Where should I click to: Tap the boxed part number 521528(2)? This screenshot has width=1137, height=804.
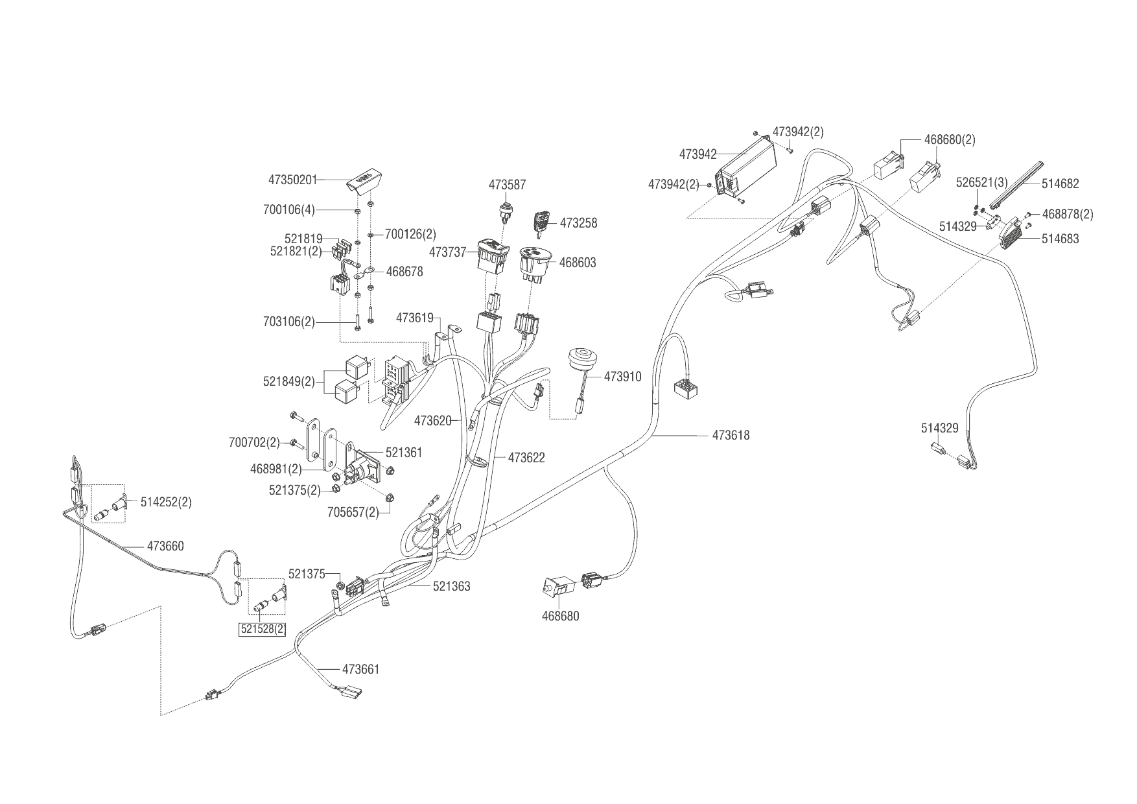[x=263, y=629]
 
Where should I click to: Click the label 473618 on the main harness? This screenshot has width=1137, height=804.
[x=731, y=435]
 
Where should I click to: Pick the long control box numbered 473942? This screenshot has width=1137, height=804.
[x=746, y=170]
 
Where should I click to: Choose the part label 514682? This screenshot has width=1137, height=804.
[x=1061, y=183]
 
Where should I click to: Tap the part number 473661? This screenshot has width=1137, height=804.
[x=360, y=669]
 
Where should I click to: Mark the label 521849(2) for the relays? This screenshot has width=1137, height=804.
[x=288, y=381]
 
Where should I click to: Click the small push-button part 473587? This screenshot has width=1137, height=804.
[x=506, y=211]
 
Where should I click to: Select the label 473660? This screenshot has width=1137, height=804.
[x=165, y=546]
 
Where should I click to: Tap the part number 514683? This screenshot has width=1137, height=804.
[x=1061, y=239]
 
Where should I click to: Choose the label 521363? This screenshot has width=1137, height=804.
[x=452, y=586]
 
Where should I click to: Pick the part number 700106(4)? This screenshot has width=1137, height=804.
[x=288, y=210]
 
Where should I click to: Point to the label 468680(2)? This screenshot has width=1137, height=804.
[x=950, y=139]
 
